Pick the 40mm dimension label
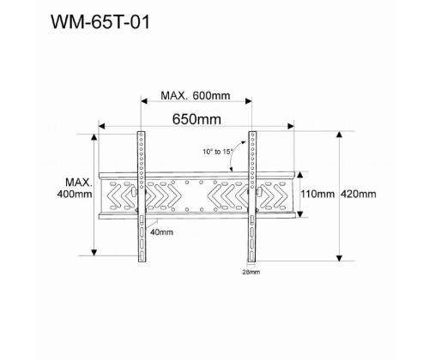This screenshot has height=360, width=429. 160,231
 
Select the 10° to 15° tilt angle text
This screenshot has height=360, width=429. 219,151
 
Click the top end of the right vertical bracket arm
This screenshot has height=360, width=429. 253,133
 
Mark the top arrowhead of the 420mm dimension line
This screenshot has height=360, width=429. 341,134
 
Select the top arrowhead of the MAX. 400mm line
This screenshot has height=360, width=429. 94,135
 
